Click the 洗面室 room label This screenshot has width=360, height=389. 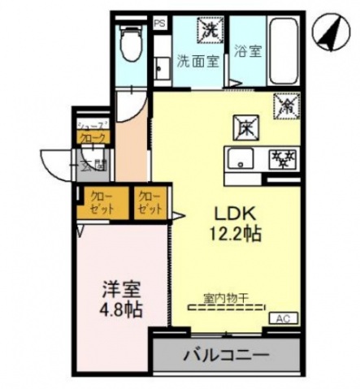click(x=198, y=60)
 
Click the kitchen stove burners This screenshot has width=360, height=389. click(x=283, y=156)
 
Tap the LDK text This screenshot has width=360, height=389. click(x=236, y=212)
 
